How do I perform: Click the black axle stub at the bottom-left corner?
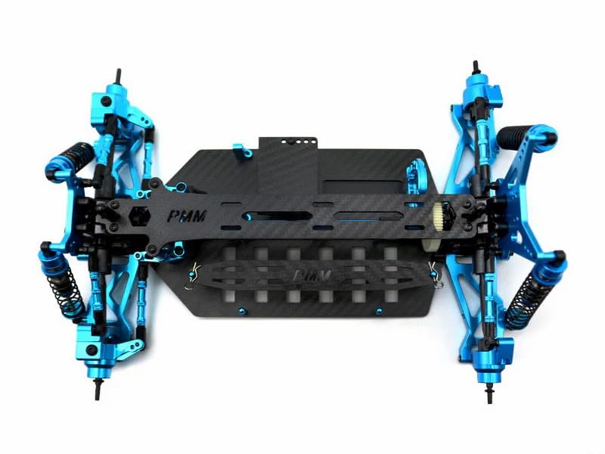tap(98, 387)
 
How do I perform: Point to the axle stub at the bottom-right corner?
tap(486, 393)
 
